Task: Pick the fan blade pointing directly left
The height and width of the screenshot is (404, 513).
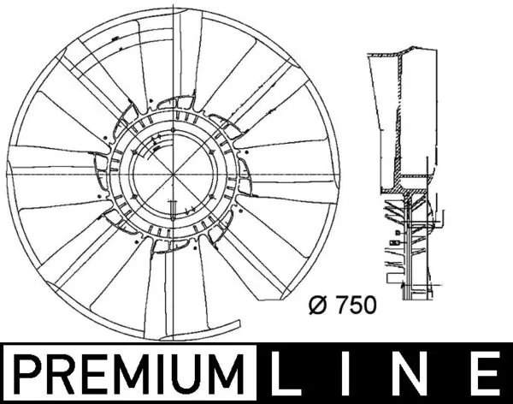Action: pos(47,168)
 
